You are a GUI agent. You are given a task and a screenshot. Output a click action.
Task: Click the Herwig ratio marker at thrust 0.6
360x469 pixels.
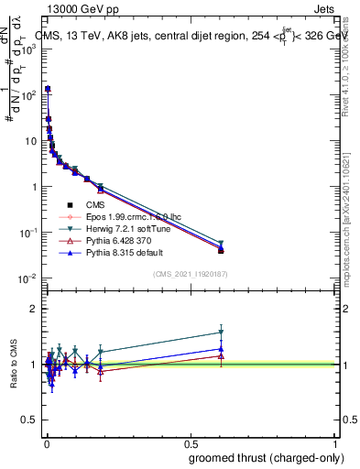coord(221,333)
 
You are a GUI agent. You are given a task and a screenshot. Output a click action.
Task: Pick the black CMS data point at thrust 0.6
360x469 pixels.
coord(221,250)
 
